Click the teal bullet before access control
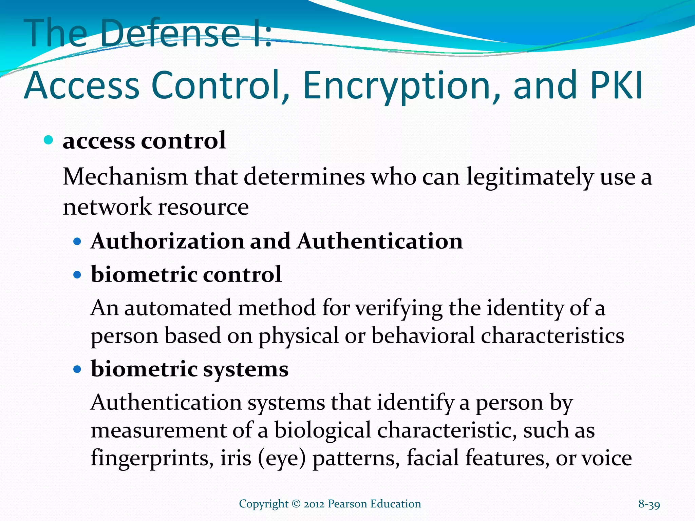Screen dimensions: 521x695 click(x=49, y=140)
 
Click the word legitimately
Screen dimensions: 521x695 click(x=529, y=177)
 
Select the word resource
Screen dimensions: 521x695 click(x=203, y=207)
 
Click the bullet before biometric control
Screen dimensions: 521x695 click(x=78, y=274)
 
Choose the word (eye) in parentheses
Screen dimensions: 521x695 click(x=282, y=458)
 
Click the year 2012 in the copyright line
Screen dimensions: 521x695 click(x=314, y=504)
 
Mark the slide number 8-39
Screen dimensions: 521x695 click(x=649, y=504)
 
